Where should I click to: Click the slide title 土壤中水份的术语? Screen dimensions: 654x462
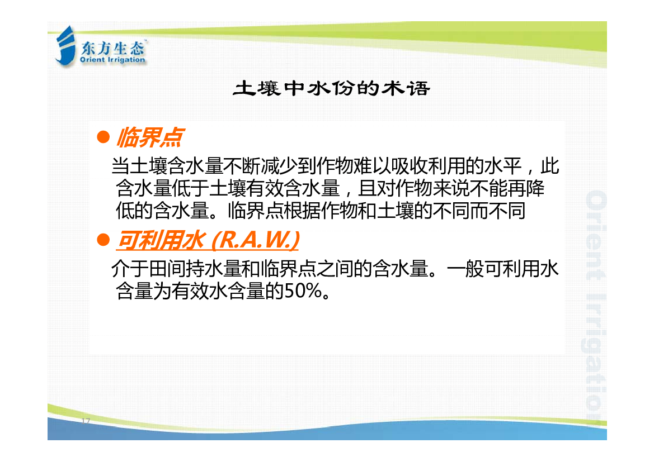[x=332, y=89]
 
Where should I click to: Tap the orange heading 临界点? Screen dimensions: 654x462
[x=150, y=137]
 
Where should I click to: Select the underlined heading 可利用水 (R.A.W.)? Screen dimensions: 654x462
[x=208, y=240]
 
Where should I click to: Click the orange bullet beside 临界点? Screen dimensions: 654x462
[x=103, y=137]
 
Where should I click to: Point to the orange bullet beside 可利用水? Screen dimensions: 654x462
[x=103, y=240]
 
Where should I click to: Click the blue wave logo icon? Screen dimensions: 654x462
[x=65, y=46]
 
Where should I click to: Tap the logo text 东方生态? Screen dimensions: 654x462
[x=112, y=49]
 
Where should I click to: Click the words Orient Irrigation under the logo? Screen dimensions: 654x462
[x=112, y=60]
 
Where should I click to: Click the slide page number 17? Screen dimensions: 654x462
[x=86, y=421]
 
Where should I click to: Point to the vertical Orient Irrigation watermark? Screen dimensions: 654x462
[x=595, y=306]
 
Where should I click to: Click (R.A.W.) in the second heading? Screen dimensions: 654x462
[x=255, y=240]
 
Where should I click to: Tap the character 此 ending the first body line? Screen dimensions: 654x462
[x=550, y=166]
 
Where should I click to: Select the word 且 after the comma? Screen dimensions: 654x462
[x=367, y=188]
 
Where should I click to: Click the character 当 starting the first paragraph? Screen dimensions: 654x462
[x=120, y=166]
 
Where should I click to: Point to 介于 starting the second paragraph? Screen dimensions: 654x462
[x=130, y=269]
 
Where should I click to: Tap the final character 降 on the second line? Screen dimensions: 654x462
[x=535, y=188]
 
